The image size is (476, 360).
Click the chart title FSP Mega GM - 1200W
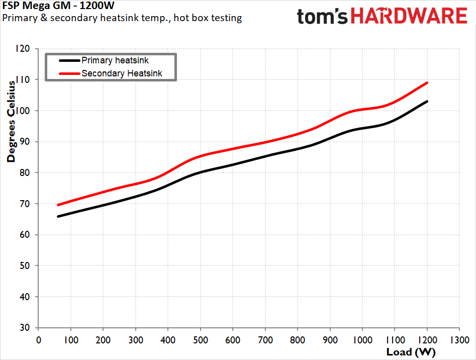58,6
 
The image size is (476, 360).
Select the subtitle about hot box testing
122,18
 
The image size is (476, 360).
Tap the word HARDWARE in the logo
409,16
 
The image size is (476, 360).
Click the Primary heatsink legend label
115,60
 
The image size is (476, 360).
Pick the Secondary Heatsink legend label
122,73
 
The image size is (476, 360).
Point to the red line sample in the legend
69,73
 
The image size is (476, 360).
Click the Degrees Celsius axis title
11,121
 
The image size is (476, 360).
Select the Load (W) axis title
411,352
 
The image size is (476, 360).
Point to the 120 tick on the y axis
23,49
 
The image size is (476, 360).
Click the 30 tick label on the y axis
25,327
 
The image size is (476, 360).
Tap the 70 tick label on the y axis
25,204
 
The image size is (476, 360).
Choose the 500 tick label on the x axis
201,340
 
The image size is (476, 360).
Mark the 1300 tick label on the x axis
459,340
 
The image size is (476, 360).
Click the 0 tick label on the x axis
39,340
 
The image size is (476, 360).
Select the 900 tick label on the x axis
330,340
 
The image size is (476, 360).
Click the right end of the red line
427,82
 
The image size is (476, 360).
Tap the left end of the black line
58,216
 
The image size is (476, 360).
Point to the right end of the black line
427,102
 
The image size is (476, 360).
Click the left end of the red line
58,205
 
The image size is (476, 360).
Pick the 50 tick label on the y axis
25,265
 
